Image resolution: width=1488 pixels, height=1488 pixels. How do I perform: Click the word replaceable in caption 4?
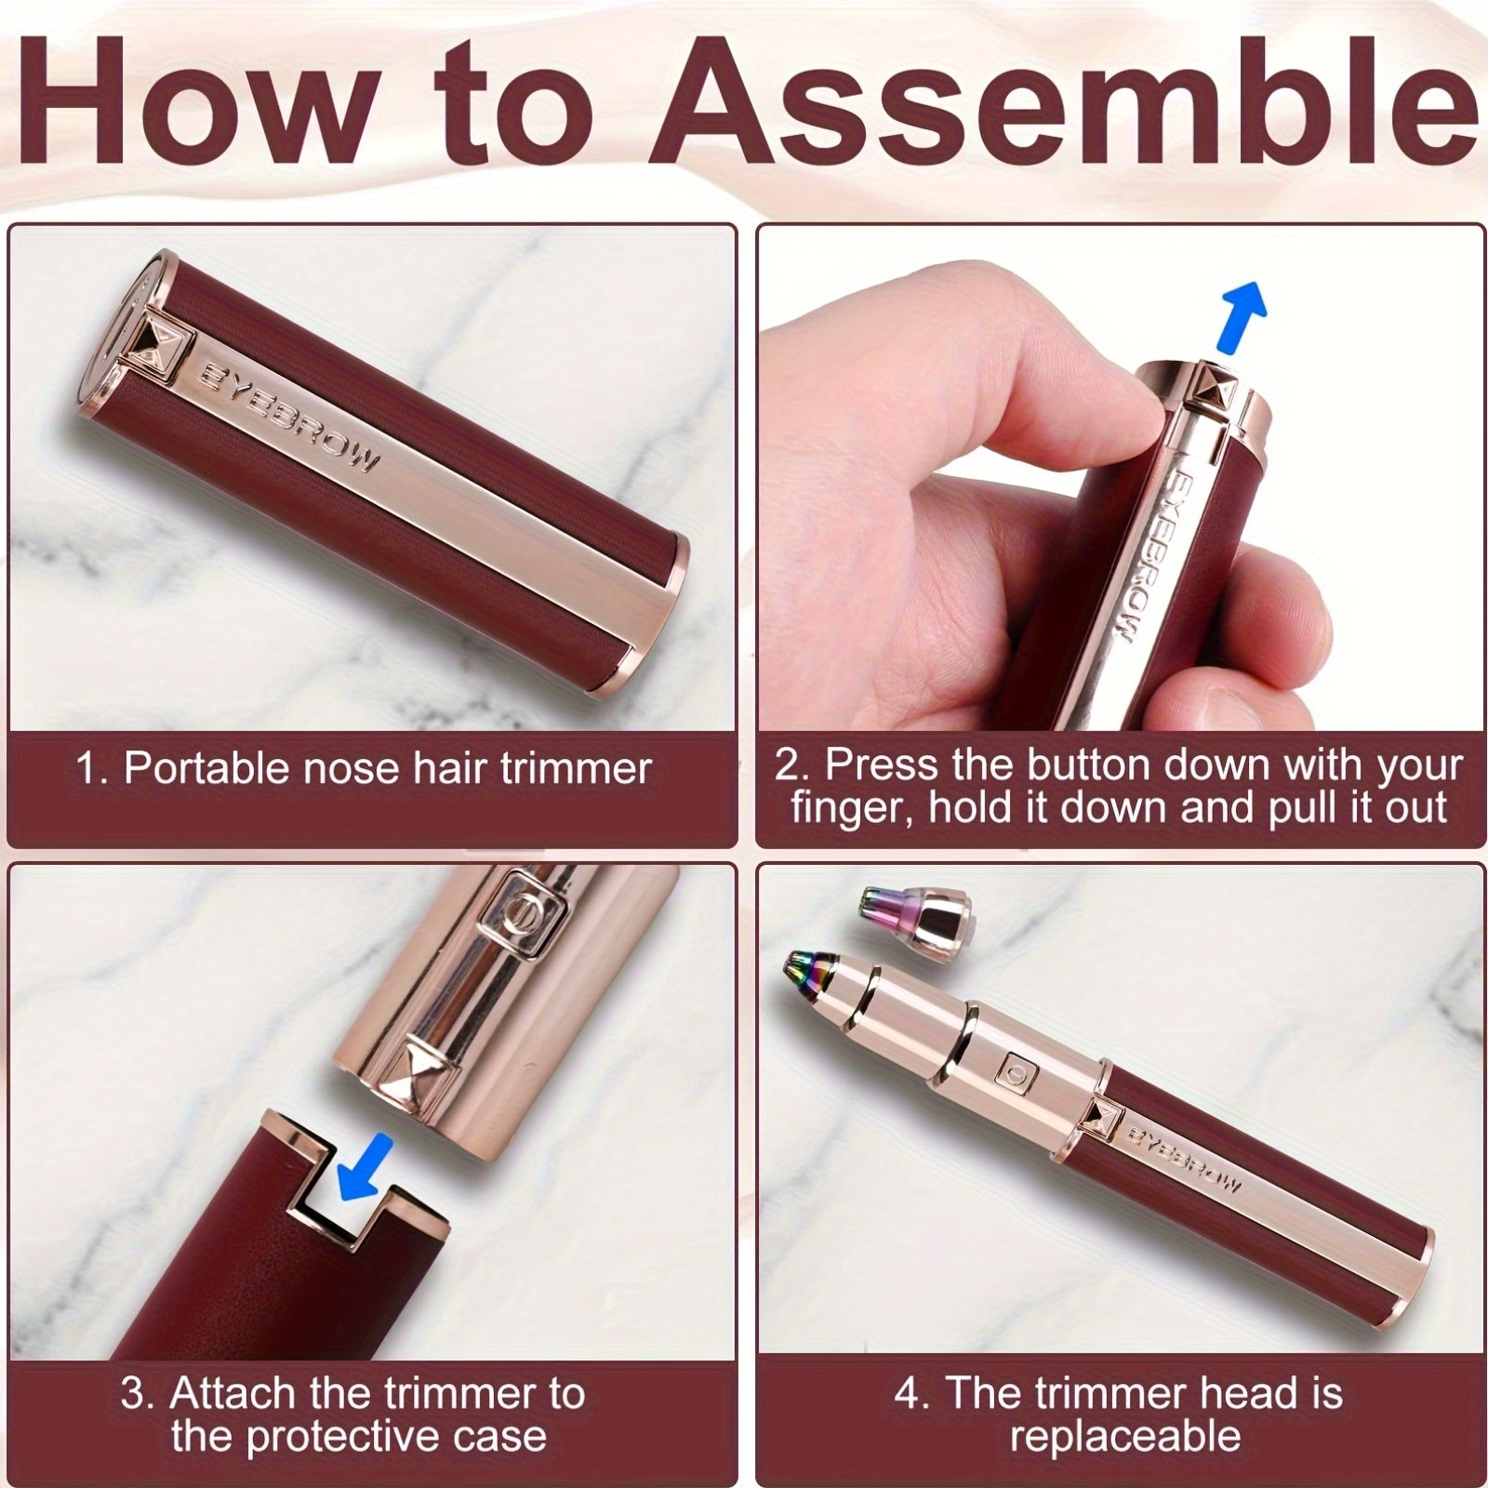click(1125, 1436)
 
